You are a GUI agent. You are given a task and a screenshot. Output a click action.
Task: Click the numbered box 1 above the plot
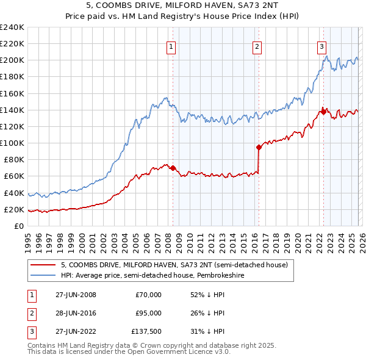point(171,46)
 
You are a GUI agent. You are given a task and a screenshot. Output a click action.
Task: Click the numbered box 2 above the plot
point(257,46)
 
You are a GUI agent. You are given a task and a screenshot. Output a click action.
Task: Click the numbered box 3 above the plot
point(321,46)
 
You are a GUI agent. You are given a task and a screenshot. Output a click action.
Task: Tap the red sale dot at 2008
point(173,168)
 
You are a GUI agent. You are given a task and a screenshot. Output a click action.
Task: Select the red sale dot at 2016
point(259,147)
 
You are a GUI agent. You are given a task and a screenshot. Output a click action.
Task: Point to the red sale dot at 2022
point(323,112)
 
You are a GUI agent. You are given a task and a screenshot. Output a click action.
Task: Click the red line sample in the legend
point(43,265)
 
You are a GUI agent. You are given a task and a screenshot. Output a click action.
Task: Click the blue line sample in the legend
point(43,275)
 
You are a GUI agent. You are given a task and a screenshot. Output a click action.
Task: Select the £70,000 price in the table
point(148,295)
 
